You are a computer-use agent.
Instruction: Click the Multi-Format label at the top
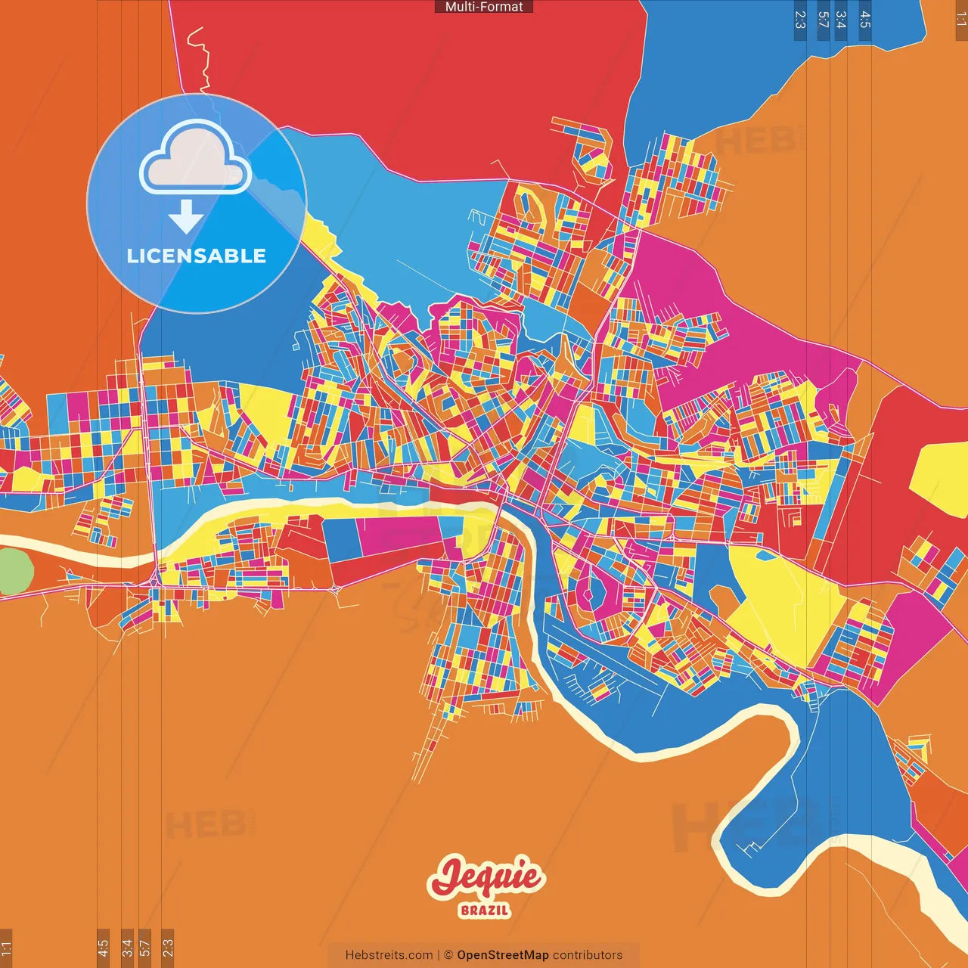484,7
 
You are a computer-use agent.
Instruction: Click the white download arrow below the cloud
186,217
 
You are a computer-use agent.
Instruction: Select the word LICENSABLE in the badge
197,256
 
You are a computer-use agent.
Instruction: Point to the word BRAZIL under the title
485,910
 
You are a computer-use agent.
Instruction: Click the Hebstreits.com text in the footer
389,955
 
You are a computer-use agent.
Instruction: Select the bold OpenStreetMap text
503,955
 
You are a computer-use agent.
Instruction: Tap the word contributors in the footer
588,955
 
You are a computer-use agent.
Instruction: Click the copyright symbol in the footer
448,955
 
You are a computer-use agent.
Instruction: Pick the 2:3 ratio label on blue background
800,20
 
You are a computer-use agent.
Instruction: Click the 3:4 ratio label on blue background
840,20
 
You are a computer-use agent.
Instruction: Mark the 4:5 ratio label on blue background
865,20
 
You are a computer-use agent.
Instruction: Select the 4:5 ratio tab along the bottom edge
103,948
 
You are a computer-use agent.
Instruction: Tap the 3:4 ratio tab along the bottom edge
127,948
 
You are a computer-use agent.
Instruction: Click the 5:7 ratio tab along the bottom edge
145,948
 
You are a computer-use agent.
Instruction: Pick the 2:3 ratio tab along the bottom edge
168,948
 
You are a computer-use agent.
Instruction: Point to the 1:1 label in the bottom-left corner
6,948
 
